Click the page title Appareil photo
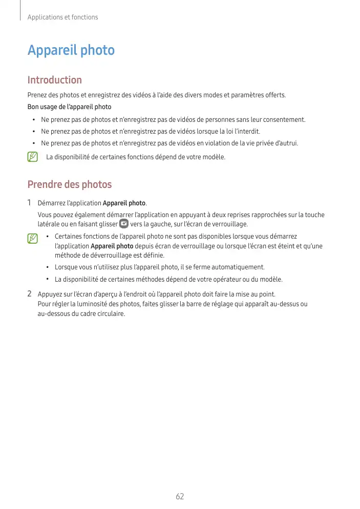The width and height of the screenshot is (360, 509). point(71,51)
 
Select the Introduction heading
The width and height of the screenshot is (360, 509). point(54,80)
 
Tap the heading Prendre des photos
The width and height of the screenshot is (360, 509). point(69,184)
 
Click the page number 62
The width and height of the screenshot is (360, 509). point(180,496)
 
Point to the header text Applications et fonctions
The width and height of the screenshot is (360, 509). point(62,17)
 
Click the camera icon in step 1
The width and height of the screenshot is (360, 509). point(123,224)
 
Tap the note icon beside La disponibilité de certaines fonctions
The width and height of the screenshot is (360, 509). point(33,156)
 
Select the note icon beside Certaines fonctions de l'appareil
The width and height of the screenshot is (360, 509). point(33,238)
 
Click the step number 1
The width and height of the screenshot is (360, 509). point(30,203)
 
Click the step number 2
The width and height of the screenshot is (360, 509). point(30,294)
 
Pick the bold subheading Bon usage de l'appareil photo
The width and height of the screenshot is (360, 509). point(69,107)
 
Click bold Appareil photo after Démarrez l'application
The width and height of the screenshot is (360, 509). point(124,204)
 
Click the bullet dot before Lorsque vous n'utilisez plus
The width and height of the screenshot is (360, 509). point(47,267)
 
